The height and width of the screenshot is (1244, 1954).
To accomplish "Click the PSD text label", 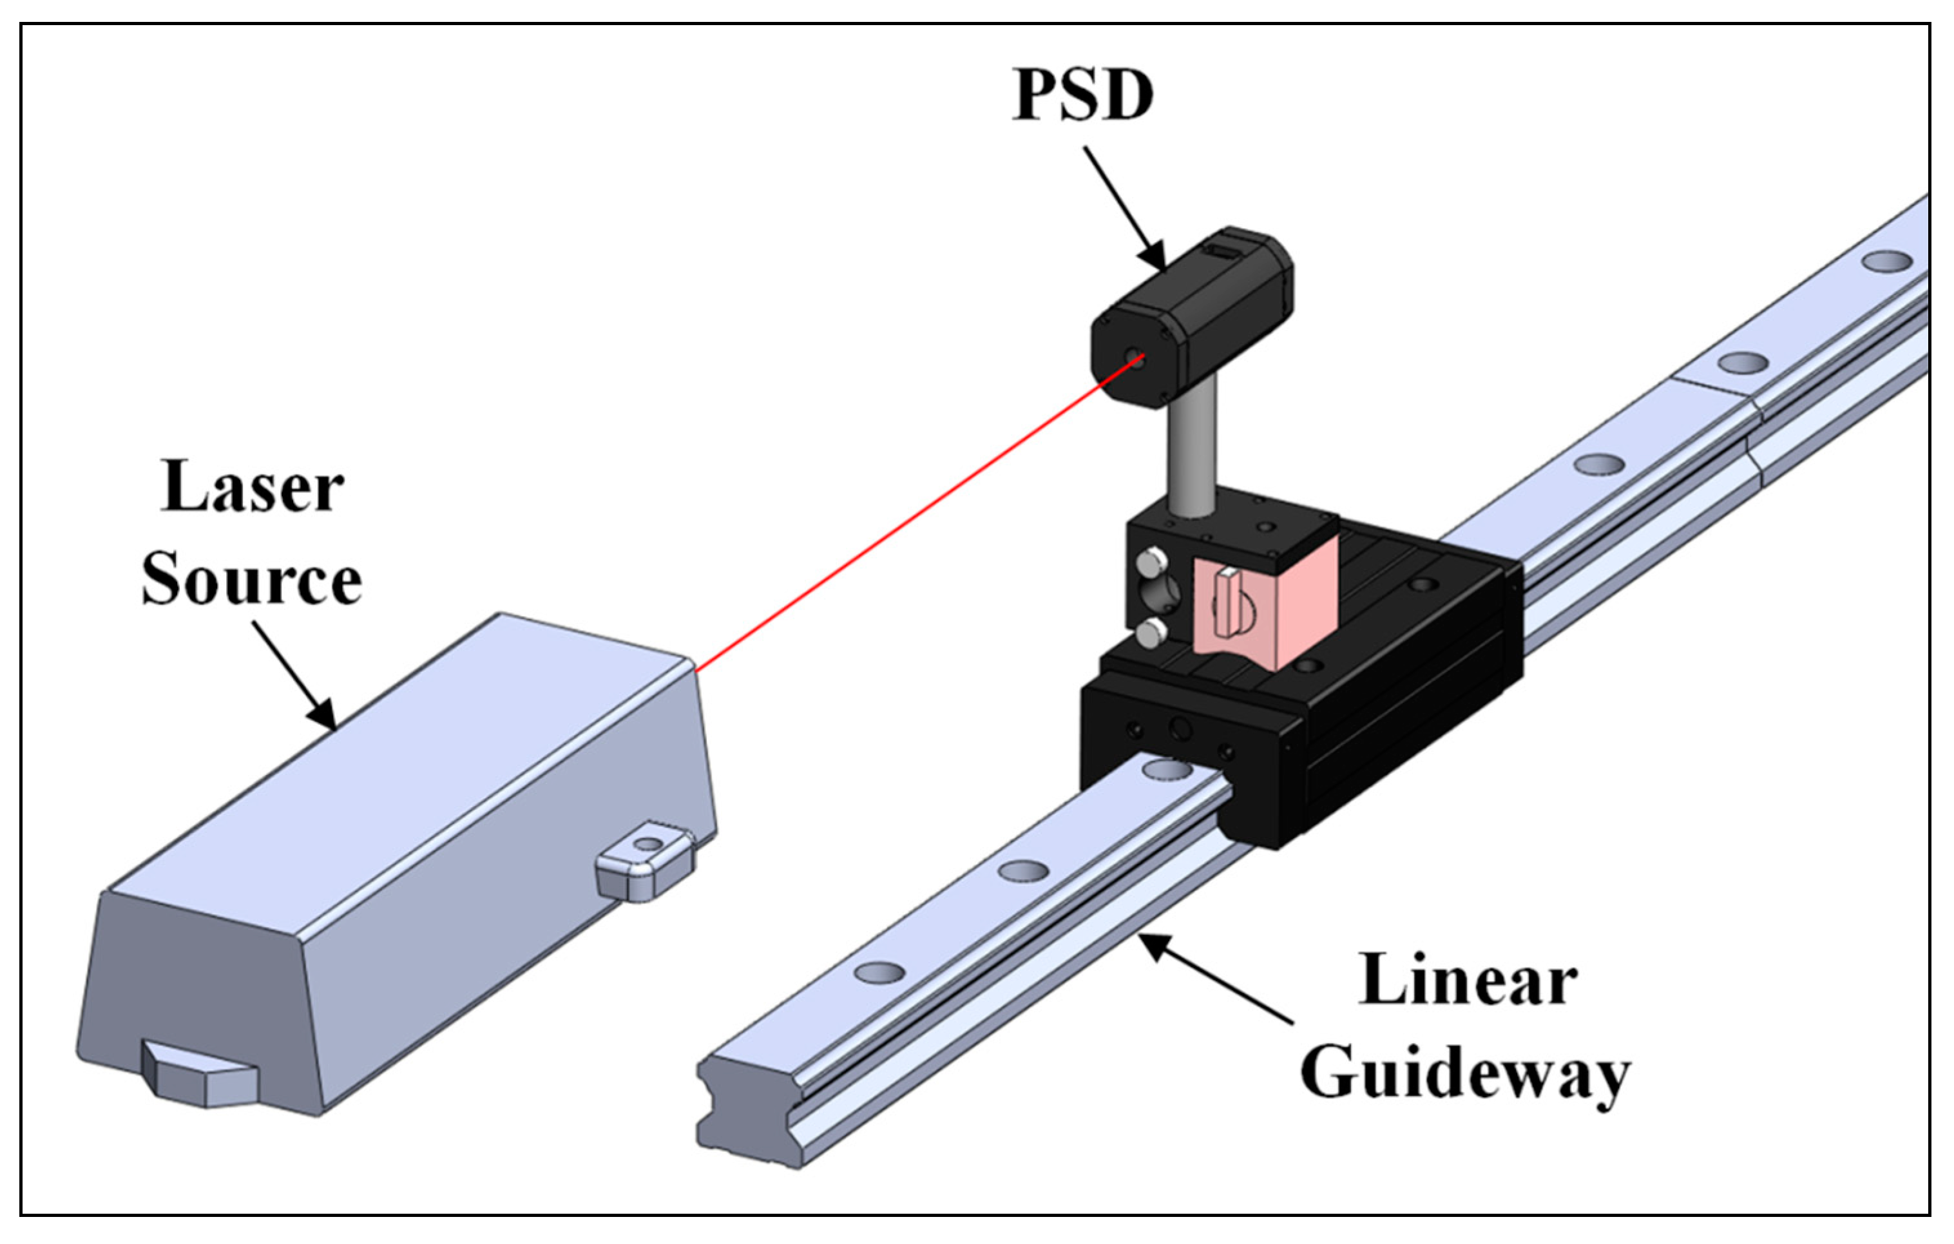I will click(x=1082, y=96).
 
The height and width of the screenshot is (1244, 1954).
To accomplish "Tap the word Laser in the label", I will click(x=253, y=488).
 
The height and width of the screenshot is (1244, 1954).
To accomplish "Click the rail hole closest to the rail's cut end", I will click(x=879, y=971).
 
